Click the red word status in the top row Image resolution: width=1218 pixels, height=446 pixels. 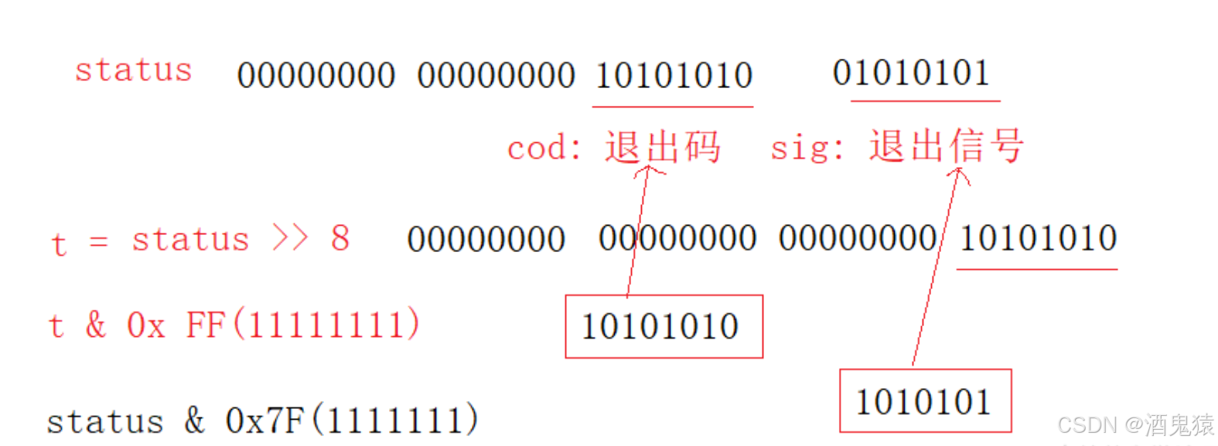[133, 70]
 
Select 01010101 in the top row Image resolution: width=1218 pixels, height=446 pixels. [911, 73]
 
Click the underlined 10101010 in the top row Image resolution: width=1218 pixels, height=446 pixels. [674, 76]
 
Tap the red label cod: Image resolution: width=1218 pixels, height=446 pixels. [544, 148]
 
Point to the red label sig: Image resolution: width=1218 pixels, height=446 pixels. [807, 147]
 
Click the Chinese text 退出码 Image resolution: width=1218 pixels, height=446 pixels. [663, 147]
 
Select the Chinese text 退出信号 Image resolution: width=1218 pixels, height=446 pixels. [947, 145]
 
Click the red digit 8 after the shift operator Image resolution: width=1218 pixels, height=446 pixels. [340, 238]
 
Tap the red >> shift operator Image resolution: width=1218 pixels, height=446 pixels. [290, 238]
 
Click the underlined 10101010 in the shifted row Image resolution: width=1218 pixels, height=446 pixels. [1038, 238]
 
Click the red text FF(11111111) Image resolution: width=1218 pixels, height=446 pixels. [302, 325]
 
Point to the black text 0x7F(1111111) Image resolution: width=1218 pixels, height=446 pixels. [352, 420]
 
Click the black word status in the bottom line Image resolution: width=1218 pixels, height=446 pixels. [105, 422]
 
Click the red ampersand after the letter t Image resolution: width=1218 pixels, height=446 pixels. [96, 325]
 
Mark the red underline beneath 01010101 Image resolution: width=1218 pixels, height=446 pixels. [925, 100]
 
